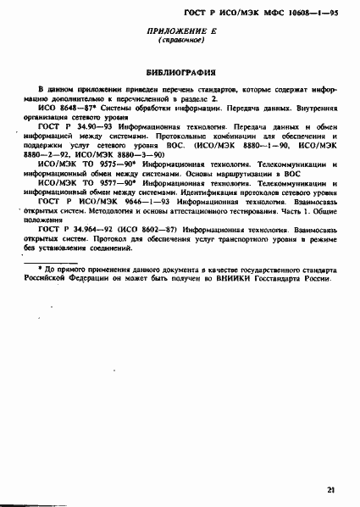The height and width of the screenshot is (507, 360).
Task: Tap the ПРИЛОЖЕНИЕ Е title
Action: (x=179, y=31)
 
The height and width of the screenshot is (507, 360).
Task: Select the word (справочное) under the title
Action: (x=179, y=41)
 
